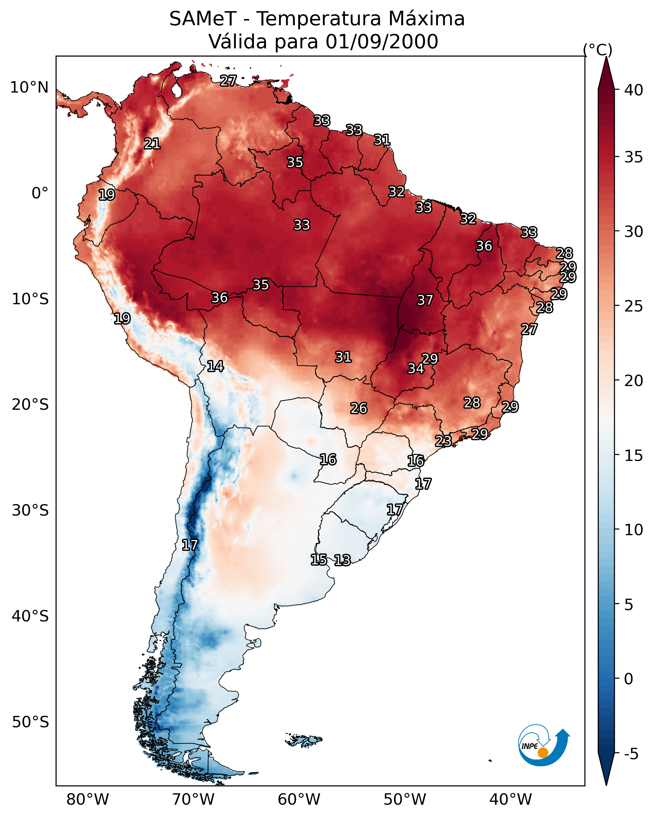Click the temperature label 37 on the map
[x=425, y=300]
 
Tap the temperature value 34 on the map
[x=415, y=368]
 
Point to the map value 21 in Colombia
[x=152, y=144]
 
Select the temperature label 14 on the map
[x=215, y=366]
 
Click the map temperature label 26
[x=359, y=408]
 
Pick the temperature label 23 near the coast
[x=443, y=441]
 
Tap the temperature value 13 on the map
[x=342, y=560]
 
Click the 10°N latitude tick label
[x=29, y=88]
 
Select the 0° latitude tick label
[x=40, y=193]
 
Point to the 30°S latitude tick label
[x=30, y=511]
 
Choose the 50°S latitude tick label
[x=30, y=722]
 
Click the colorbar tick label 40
[x=634, y=90]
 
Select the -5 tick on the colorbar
[x=631, y=754]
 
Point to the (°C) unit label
[x=598, y=50]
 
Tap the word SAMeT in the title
[x=203, y=19]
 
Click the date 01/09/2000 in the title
[x=382, y=42]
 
